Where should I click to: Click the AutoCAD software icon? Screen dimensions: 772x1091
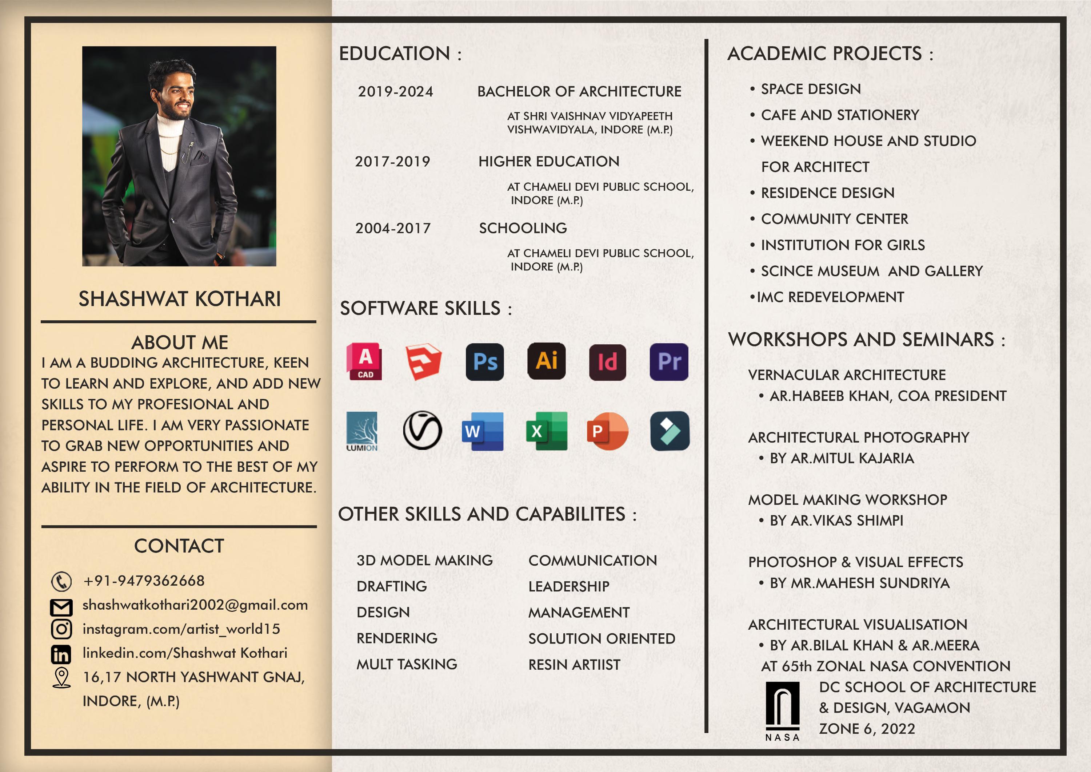pos(364,361)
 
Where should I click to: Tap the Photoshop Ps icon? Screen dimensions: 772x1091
pos(485,361)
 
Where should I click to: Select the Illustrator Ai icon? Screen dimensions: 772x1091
pos(547,361)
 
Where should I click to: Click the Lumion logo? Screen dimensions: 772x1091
pos(362,431)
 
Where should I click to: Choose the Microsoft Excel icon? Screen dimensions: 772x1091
pos(547,431)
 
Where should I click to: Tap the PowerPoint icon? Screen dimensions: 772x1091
pos(607,431)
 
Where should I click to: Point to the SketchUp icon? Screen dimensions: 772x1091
pos(423,361)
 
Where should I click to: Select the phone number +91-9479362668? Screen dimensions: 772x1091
pos(144,581)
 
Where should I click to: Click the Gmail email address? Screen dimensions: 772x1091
pos(195,605)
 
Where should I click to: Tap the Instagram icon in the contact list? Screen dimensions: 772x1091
pos(61,629)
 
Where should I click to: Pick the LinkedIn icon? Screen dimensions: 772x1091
pos(61,654)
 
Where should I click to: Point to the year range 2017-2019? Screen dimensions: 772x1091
pos(392,162)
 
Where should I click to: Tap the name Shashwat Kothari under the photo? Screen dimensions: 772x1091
pos(180,299)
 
